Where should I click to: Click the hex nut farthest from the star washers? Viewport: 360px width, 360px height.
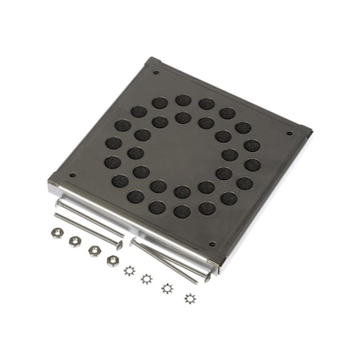point(57,234)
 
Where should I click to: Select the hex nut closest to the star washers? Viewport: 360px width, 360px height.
point(113,260)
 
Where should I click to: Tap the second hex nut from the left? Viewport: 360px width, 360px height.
point(74,241)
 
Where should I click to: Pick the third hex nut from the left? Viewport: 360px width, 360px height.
point(94,250)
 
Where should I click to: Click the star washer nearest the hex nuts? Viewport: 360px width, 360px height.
point(129,270)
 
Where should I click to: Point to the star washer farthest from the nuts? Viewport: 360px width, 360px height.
point(190,298)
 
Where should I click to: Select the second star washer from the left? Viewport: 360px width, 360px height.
point(146,278)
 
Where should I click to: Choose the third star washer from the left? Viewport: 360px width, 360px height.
point(168,288)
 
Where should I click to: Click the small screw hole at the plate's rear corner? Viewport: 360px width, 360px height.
point(154,74)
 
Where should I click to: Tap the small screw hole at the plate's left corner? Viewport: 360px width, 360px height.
point(73,175)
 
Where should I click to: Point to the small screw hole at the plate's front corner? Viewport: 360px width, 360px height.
point(212,245)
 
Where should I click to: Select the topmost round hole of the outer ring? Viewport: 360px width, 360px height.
point(183,101)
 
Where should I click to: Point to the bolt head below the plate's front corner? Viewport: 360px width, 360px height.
point(206,277)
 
